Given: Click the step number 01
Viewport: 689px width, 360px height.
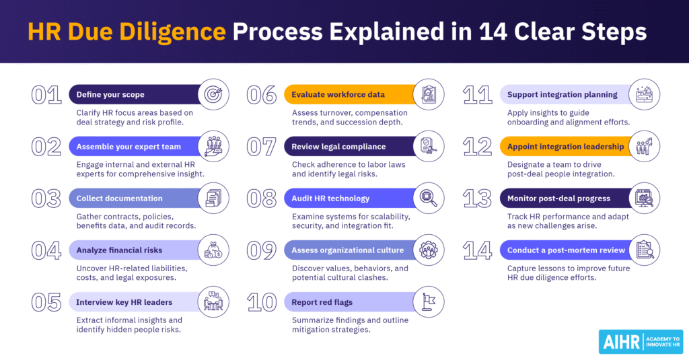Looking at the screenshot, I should pyautogui.click(x=46, y=95).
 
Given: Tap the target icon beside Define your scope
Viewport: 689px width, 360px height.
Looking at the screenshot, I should pyautogui.click(x=216, y=94).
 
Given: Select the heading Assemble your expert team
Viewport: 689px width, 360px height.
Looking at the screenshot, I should pyautogui.click(x=129, y=146).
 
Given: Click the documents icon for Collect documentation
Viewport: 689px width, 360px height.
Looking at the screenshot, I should pyautogui.click(x=216, y=198).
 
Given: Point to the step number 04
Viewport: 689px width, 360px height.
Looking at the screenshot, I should pyautogui.click(x=46, y=250).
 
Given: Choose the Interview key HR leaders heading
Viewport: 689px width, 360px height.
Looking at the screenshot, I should pyautogui.click(x=124, y=302).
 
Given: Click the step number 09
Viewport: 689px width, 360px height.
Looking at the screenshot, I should pyautogui.click(x=262, y=250).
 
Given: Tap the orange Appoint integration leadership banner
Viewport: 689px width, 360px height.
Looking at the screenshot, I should pyautogui.click(x=565, y=146).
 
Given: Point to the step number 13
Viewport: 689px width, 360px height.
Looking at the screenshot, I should pyautogui.click(x=477, y=199).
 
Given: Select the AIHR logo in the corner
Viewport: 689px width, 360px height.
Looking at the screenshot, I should pyautogui.click(x=640, y=341).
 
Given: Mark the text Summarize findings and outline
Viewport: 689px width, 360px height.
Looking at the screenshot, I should pyautogui.click(x=350, y=320).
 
